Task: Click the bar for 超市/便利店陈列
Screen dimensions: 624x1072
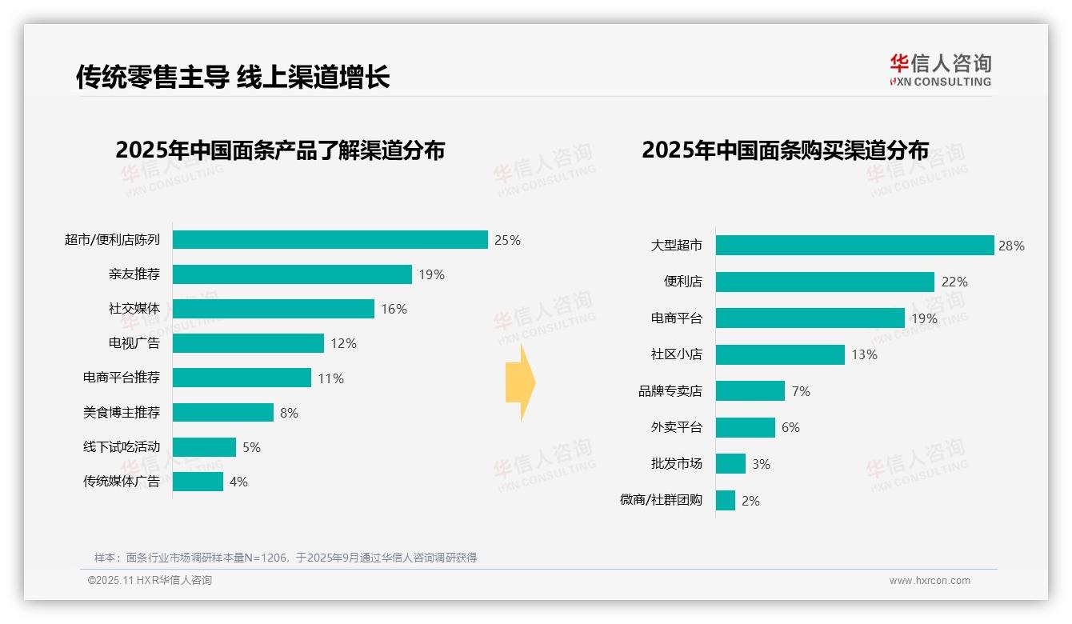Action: pyautogui.click(x=330, y=240)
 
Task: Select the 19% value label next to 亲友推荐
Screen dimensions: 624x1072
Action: pyautogui.click(x=431, y=274)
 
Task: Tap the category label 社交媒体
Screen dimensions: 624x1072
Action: pyautogui.click(x=134, y=309)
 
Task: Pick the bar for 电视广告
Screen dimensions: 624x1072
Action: pyautogui.click(x=248, y=343)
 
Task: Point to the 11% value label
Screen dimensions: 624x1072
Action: pyautogui.click(x=330, y=378)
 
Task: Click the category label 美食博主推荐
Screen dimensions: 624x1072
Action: pyautogui.click(x=122, y=413)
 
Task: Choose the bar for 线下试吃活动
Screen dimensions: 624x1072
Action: pyautogui.click(x=204, y=447)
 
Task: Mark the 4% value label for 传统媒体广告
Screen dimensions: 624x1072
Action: pyautogui.click(x=238, y=482)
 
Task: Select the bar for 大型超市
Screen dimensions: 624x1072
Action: pyautogui.click(x=854, y=246)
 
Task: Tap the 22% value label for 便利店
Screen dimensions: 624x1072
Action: pyautogui.click(x=954, y=282)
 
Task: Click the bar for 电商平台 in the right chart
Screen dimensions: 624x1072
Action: pyautogui.click(x=810, y=318)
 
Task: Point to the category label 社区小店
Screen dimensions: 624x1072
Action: pyautogui.click(x=676, y=354)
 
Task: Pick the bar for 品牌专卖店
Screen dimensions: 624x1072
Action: pyautogui.click(x=750, y=391)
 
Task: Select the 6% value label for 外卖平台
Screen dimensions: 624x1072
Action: pyautogui.click(x=790, y=427)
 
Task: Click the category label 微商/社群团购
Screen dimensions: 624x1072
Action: pyautogui.click(x=661, y=501)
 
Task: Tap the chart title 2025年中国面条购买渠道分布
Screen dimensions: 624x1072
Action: pyautogui.click(x=785, y=150)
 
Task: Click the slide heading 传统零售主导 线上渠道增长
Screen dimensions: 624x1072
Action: pyautogui.click(x=233, y=77)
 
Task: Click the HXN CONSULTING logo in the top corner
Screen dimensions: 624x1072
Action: pyautogui.click(x=940, y=70)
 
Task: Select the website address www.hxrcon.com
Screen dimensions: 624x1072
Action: pyautogui.click(x=929, y=581)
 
